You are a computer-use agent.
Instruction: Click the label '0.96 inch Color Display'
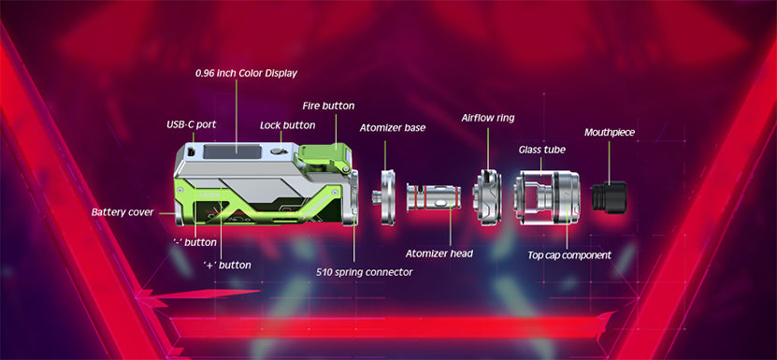[246, 73]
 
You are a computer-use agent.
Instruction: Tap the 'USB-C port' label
[192, 124]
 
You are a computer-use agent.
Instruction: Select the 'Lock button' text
[287, 125]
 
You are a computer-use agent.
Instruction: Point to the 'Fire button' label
[328, 106]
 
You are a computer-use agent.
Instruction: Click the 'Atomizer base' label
[393, 128]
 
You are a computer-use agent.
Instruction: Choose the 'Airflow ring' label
[488, 118]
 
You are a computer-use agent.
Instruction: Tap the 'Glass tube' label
[542, 150]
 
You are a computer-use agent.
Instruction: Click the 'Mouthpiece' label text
[610, 133]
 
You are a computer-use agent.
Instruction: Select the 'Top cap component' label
[569, 255]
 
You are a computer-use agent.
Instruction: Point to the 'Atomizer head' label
[439, 253]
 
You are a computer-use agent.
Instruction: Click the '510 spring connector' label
[365, 272]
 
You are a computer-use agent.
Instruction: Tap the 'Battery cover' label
[122, 212]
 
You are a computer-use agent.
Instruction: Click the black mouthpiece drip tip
[609, 194]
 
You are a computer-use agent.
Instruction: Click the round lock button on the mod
[278, 151]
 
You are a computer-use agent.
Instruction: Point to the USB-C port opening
[189, 151]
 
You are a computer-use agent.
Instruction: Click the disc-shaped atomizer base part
[385, 197]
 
